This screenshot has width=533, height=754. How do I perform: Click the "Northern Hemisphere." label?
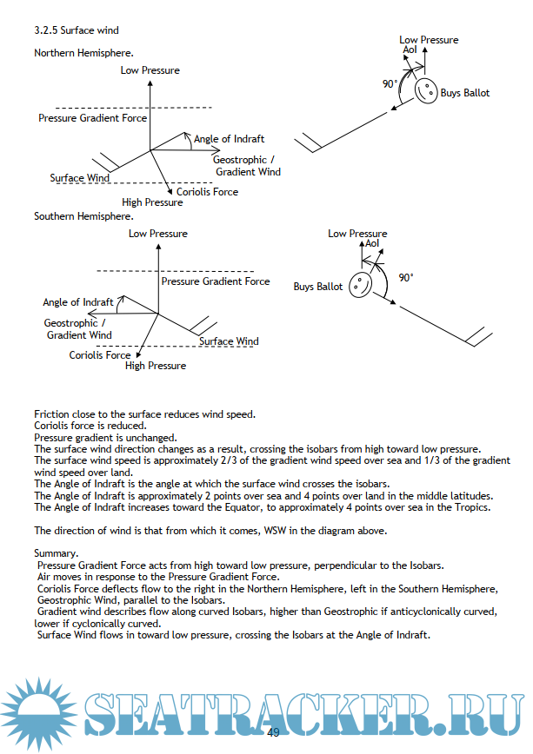[x=83, y=53]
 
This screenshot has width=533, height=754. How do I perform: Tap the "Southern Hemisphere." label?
[x=83, y=215]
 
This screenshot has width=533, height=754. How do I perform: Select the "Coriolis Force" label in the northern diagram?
[x=207, y=191]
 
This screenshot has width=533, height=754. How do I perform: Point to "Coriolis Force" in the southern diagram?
[x=100, y=355]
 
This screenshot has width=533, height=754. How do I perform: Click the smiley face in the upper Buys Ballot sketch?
[x=425, y=90]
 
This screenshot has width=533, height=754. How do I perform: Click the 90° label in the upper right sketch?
[x=390, y=84]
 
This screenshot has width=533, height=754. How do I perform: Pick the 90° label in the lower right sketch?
[x=406, y=278]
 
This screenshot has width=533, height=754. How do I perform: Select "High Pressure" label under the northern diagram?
[x=152, y=202]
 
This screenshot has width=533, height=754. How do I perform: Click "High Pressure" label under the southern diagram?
[x=156, y=366]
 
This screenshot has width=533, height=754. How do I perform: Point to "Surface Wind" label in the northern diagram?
[x=79, y=178]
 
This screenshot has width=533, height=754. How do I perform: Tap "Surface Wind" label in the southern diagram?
[x=229, y=341]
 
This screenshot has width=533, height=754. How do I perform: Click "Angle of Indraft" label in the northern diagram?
[x=229, y=139]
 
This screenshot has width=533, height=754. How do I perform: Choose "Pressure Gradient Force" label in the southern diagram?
[x=216, y=281]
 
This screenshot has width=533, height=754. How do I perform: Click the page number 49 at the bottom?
[x=273, y=733]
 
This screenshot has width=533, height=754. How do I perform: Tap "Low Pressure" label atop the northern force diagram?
[x=150, y=70]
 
